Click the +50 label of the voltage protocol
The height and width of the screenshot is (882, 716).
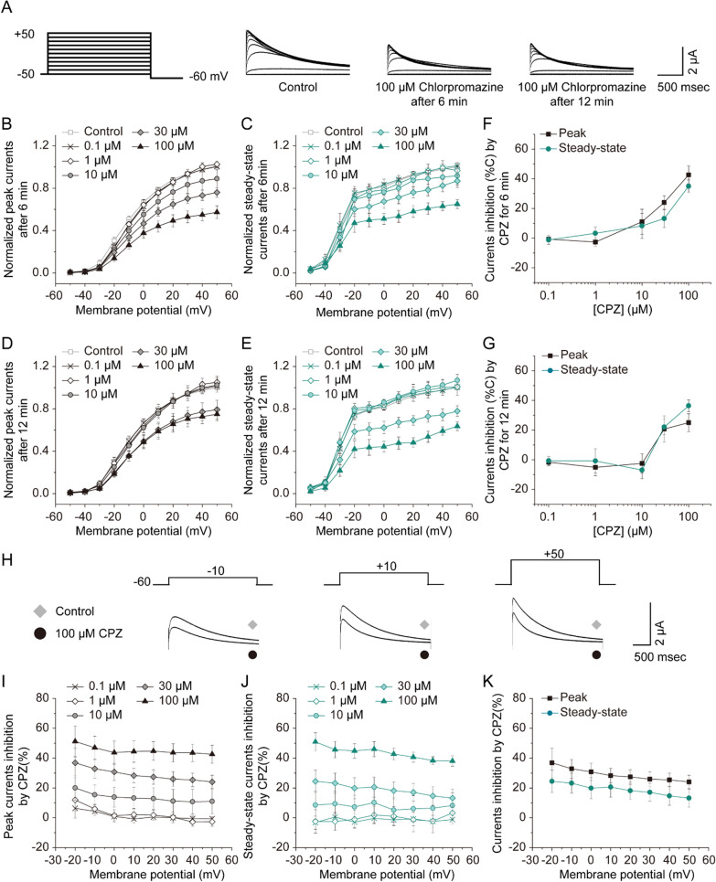(24, 33)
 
